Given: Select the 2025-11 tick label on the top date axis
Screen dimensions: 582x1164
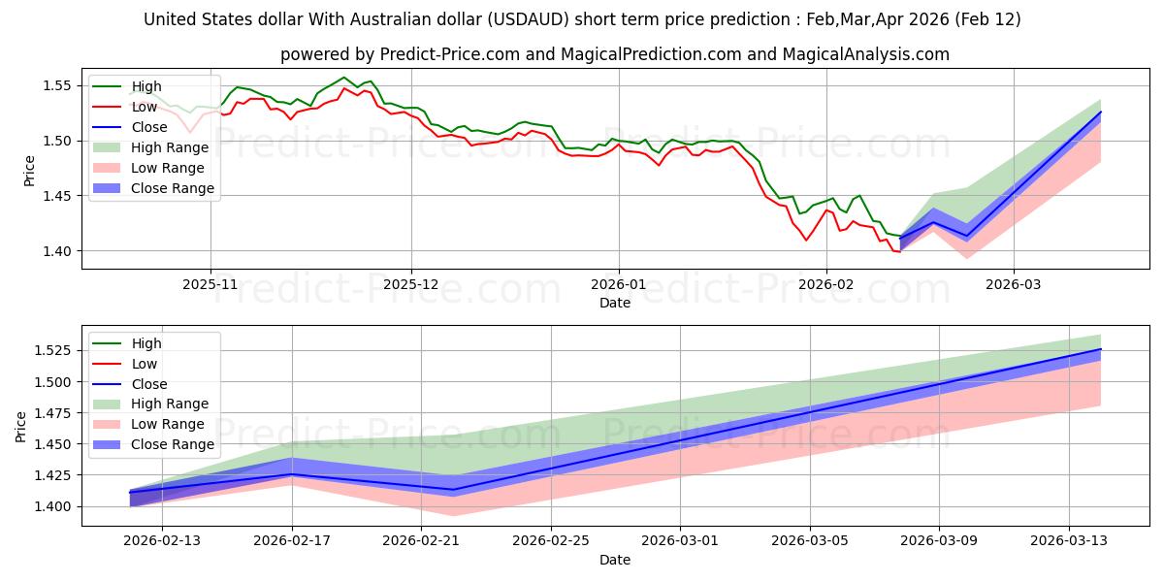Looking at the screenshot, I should (210, 285).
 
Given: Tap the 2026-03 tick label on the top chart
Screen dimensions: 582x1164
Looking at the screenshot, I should (1014, 285).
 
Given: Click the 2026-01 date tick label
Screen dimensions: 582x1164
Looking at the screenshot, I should (619, 285).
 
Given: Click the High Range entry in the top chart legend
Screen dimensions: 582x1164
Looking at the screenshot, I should (170, 147).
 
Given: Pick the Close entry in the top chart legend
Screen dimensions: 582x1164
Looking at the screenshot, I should (149, 127).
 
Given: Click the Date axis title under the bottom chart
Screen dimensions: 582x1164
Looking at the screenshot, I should (615, 560).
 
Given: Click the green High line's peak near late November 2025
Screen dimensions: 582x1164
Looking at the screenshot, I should (344, 78).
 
